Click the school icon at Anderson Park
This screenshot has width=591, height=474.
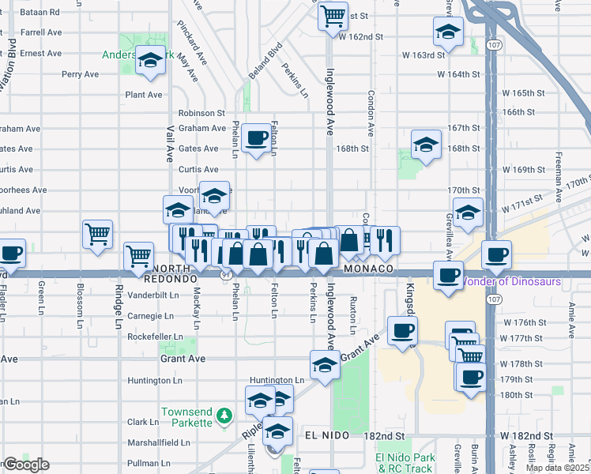click(x=149, y=60)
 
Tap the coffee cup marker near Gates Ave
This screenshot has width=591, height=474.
click(x=256, y=138)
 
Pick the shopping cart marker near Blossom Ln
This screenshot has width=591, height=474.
click(x=97, y=232)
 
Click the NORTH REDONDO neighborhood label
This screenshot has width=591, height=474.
click(x=170, y=274)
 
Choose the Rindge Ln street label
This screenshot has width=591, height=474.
click(x=119, y=307)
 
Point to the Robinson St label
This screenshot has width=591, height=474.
click(x=201, y=114)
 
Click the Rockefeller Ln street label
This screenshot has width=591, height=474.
click(x=155, y=337)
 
